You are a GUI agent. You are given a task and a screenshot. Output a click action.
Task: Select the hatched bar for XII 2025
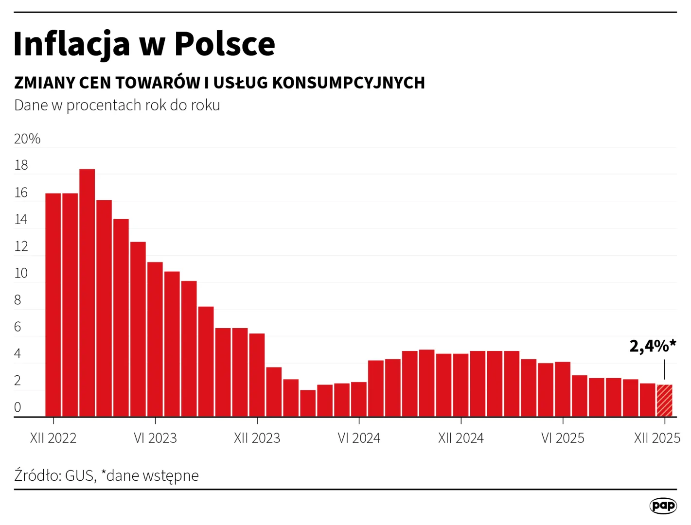(x=664, y=401)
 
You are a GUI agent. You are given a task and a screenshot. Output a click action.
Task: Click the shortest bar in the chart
(x=308, y=403)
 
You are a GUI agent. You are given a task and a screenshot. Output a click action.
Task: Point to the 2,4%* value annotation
(x=652, y=346)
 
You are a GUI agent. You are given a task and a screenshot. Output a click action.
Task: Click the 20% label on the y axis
(x=27, y=139)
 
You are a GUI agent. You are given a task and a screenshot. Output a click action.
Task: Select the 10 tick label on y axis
(x=21, y=273)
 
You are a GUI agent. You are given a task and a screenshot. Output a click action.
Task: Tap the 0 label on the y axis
(x=18, y=407)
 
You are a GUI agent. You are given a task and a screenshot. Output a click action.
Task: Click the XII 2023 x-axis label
(x=257, y=438)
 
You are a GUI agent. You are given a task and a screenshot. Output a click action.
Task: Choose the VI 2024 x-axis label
(x=359, y=438)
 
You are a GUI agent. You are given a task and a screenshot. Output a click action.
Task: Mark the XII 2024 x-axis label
(x=461, y=438)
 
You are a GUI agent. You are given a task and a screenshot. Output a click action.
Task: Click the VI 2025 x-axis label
(x=563, y=438)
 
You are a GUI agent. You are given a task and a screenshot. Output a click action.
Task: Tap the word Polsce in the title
(x=225, y=44)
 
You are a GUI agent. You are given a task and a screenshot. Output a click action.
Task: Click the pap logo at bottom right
(x=663, y=506)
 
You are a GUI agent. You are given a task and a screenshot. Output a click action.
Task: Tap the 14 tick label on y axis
(x=21, y=220)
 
